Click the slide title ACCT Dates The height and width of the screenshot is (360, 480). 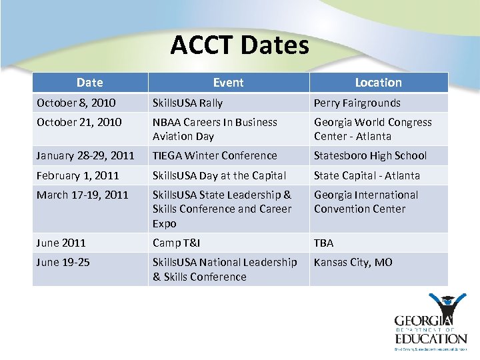(x=240, y=45)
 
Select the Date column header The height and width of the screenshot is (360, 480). (x=90, y=83)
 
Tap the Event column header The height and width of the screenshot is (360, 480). (x=228, y=83)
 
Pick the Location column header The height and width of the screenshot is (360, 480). (x=378, y=83)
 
